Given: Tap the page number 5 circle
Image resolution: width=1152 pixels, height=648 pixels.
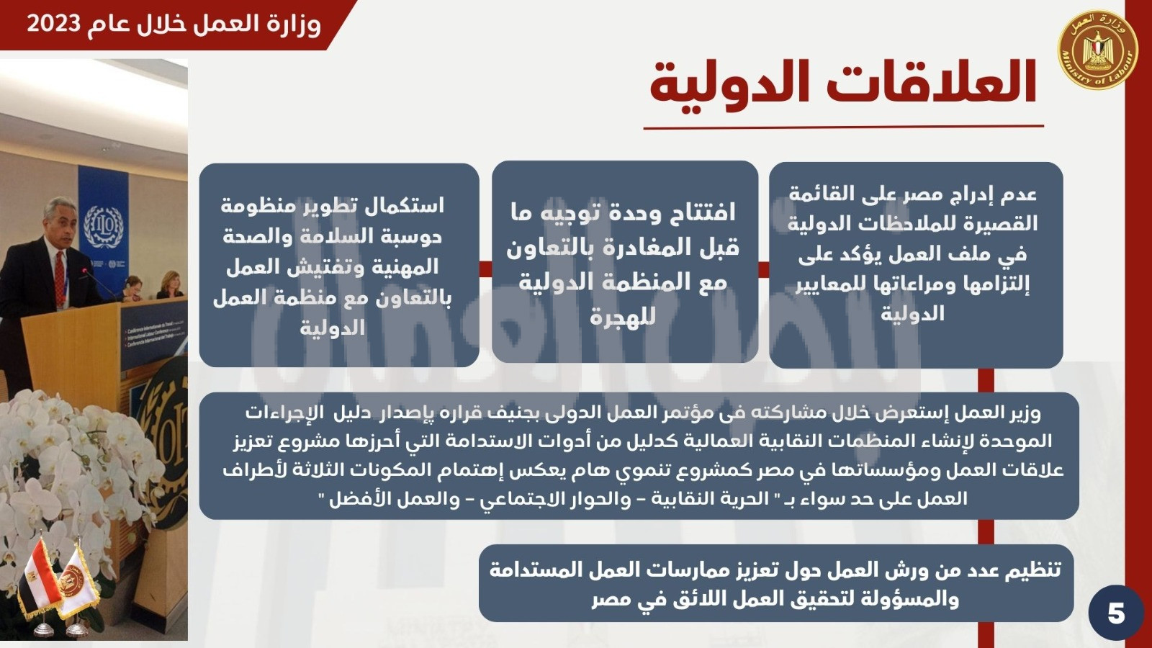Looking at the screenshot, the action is click(1115, 613).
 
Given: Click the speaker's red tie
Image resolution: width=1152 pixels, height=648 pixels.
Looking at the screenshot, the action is click(60, 278).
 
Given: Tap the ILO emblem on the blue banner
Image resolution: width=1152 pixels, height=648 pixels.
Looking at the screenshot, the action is click(104, 227).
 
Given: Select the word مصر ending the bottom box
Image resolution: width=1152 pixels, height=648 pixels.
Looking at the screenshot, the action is click(611, 600).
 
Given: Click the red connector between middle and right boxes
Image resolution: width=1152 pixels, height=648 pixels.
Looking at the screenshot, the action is click(764, 269).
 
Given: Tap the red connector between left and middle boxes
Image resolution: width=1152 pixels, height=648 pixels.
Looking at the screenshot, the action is click(485, 269).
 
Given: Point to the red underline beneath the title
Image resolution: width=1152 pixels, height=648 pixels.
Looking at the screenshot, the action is click(843, 127).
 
